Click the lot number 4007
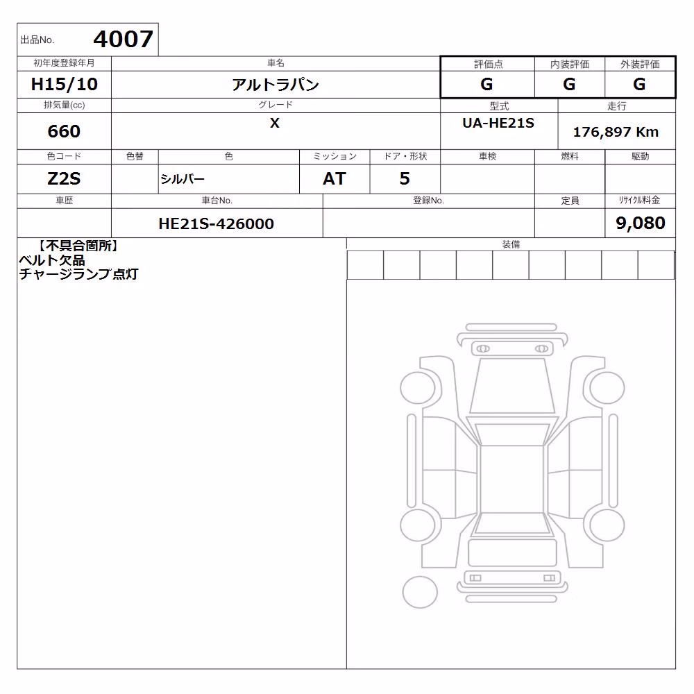coord(123,39)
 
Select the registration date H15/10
coord(64,84)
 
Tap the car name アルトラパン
coord(276,84)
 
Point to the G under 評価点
coord(486,84)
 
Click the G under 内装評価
coord(569,84)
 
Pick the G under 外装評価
coord(639,84)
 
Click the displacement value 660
coord(64,131)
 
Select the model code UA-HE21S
coord(498,123)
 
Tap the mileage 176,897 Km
coord(616,132)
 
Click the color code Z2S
coord(64,179)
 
